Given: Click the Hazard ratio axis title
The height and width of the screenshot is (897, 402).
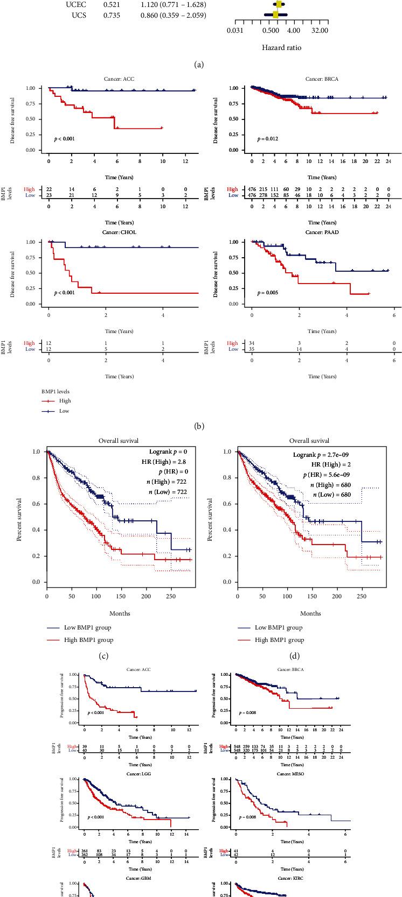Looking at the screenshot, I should (x=281, y=47).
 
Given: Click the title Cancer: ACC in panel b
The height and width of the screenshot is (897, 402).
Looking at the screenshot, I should (x=120, y=78).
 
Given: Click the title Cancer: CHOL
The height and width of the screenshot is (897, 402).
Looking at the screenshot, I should (x=120, y=232).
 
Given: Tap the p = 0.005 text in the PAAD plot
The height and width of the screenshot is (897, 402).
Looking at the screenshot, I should (x=267, y=293).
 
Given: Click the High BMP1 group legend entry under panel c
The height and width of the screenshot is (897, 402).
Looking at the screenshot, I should (x=87, y=640).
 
